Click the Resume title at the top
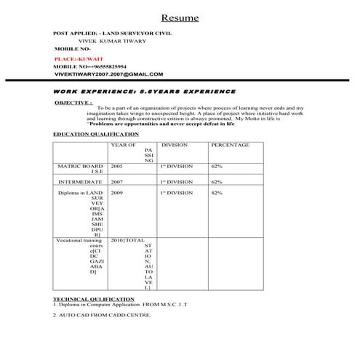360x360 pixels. click(x=180, y=17)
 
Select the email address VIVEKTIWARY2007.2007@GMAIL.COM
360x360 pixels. click(x=108, y=74)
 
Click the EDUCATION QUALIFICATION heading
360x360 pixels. click(x=96, y=135)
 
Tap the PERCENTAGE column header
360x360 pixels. click(x=230, y=145)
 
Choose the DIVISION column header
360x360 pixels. click(x=175, y=145)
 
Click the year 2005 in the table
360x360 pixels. click(x=117, y=166)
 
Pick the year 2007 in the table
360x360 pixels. click(x=117, y=181)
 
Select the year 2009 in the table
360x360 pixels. click(x=117, y=193)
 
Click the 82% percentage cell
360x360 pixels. click(x=217, y=193)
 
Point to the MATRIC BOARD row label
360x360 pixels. click(x=80, y=166)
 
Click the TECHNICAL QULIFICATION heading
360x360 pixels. click(x=94, y=299)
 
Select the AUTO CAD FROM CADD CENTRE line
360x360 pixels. click(x=103, y=316)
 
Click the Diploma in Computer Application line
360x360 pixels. click(x=114, y=304)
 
